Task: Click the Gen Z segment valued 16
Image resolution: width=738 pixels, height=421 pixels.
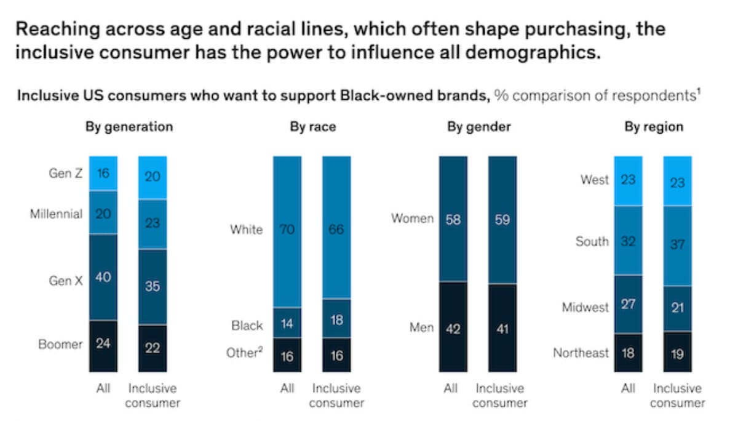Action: click(x=103, y=173)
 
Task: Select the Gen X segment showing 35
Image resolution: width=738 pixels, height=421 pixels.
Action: click(x=153, y=286)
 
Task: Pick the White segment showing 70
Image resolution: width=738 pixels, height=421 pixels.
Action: click(x=287, y=231)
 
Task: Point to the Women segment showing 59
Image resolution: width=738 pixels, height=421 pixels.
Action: click(x=502, y=220)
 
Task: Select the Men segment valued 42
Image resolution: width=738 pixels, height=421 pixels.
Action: click(x=453, y=327)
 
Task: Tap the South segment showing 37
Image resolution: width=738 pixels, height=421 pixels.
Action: click(x=678, y=246)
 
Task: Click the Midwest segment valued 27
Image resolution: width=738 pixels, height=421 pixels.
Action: click(x=628, y=305)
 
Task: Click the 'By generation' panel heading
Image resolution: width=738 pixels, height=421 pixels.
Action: click(x=129, y=127)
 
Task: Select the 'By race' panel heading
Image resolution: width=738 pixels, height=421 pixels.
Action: click(x=312, y=127)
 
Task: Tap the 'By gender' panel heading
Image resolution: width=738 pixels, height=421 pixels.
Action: click(x=478, y=127)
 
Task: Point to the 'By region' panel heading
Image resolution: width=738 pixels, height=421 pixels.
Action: click(x=653, y=127)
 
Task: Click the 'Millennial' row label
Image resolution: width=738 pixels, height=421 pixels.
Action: click(x=56, y=215)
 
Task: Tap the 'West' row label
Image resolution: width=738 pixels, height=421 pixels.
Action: click(x=594, y=180)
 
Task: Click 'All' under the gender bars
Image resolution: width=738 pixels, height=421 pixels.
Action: click(x=451, y=389)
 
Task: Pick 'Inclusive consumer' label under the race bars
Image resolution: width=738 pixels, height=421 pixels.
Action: click(x=336, y=396)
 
